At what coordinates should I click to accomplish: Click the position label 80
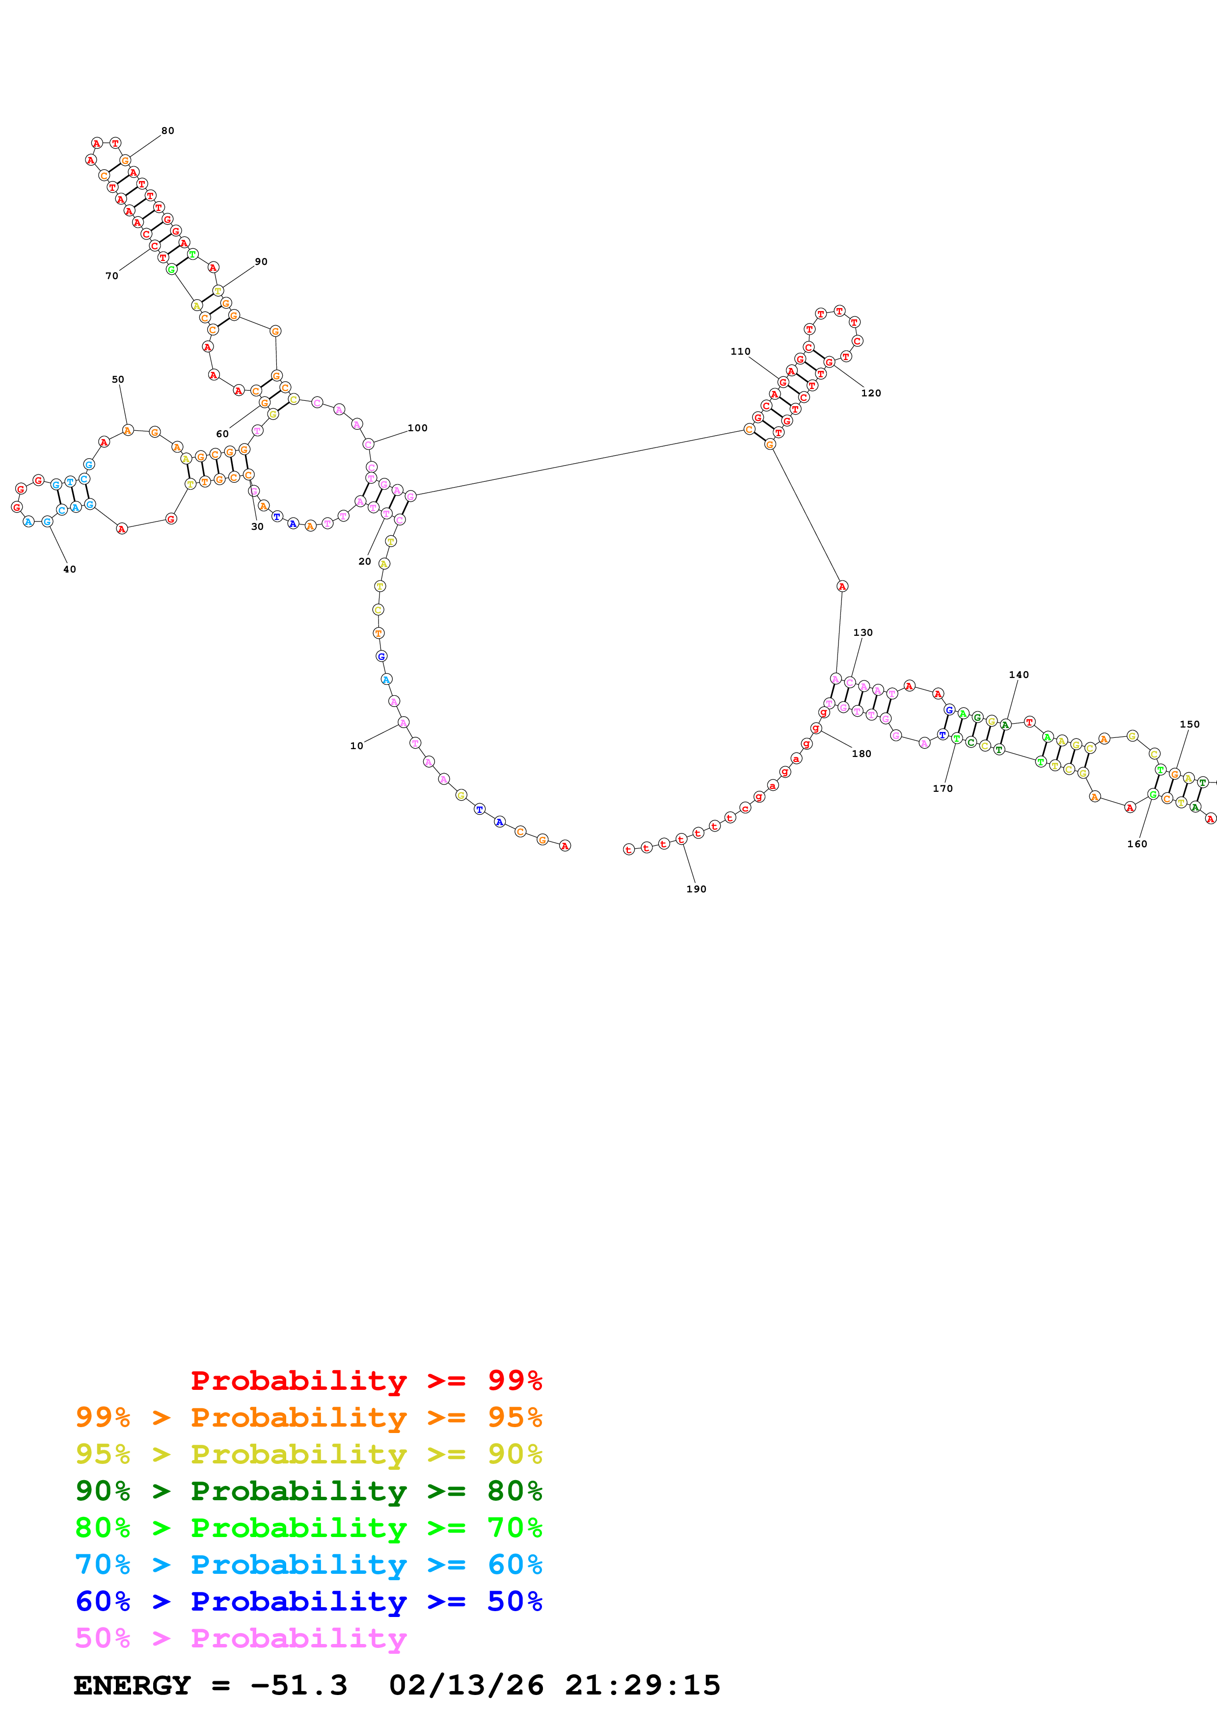pyautogui.click(x=168, y=131)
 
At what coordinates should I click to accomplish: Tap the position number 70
pyautogui.click(x=112, y=276)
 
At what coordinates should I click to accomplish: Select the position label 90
pyautogui.click(x=261, y=261)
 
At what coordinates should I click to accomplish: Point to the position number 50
pyautogui.click(x=118, y=379)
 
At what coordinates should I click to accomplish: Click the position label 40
pyautogui.click(x=70, y=569)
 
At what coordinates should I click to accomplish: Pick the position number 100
pyautogui.click(x=418, y=428)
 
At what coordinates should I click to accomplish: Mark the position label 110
pyautogui.click(x=740, y=352)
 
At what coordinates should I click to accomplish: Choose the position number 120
pyautogui.click(x=870, y=393)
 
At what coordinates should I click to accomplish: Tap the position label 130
pyautogui.click(x=863, y=633)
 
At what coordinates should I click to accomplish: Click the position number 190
pyautogui.click(x=696, y=889)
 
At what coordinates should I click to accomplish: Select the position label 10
pyautogui.click(x=356, y=746)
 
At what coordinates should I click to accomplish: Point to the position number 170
pyautogui.click(x=943, y=788)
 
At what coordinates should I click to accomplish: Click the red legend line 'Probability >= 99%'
pyautogui.click(x=366, y=1380)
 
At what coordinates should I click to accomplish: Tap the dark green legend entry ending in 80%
pyautogui.click(x=308, y=1491)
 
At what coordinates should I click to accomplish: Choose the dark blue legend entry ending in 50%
pyautogui.click(x=308, y=1601)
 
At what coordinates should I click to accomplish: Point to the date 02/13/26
pyautogui.click(x=466, y=1685)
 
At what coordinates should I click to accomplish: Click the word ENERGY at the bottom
pyautogui.click(x=132, y=1685)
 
